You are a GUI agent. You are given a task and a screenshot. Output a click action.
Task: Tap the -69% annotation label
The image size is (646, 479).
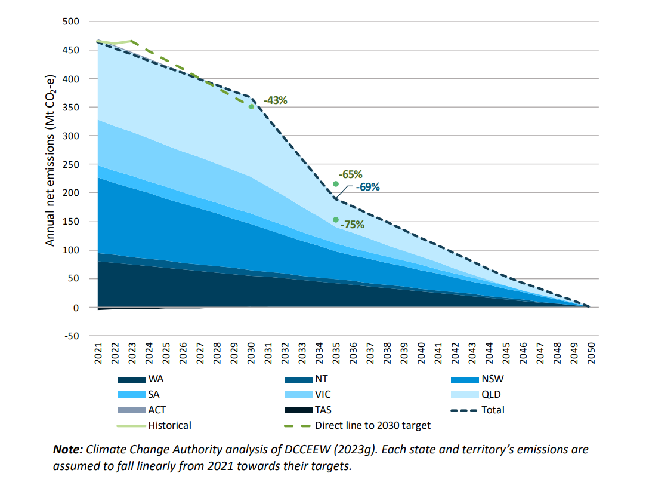pyautogui.click(x=367, y=186)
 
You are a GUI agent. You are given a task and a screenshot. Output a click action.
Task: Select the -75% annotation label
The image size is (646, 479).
pyautogui.click(x=352, y=225)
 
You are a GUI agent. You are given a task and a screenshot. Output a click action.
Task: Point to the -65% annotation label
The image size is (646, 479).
pyautogui.click(x=350, y=174)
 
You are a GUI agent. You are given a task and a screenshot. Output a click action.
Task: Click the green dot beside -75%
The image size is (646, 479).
pyautogui.click(x=336, y=220)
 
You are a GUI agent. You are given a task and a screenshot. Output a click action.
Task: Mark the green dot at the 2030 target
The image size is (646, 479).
pyautogui.click(x=251, y=107)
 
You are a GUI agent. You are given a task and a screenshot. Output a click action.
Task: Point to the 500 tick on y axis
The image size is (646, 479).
pyautogui.click(x=71, y=22)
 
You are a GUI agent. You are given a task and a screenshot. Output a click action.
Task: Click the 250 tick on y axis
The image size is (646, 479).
pyautogui.click(x=71, y=164)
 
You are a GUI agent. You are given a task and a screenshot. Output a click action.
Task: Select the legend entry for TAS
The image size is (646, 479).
pyautogui.click(x=322, y=410)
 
